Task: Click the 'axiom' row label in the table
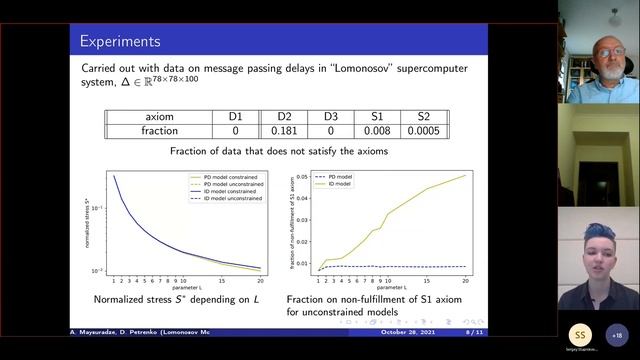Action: tap(159, 117)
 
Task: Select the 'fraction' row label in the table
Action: tap(159, 131)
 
